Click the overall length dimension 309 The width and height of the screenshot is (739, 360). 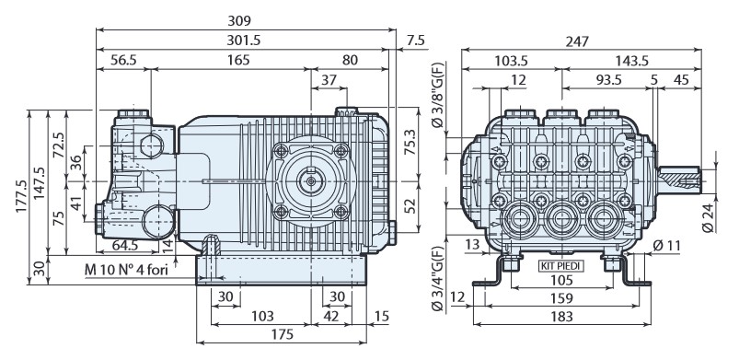(242, 19)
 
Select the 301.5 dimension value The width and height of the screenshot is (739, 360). (242, 40)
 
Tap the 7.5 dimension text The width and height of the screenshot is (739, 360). (415, 40)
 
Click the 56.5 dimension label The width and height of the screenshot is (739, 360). (123, 60)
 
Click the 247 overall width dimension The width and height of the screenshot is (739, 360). (578, 41)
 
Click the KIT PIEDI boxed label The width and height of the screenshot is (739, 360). (561, 265)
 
